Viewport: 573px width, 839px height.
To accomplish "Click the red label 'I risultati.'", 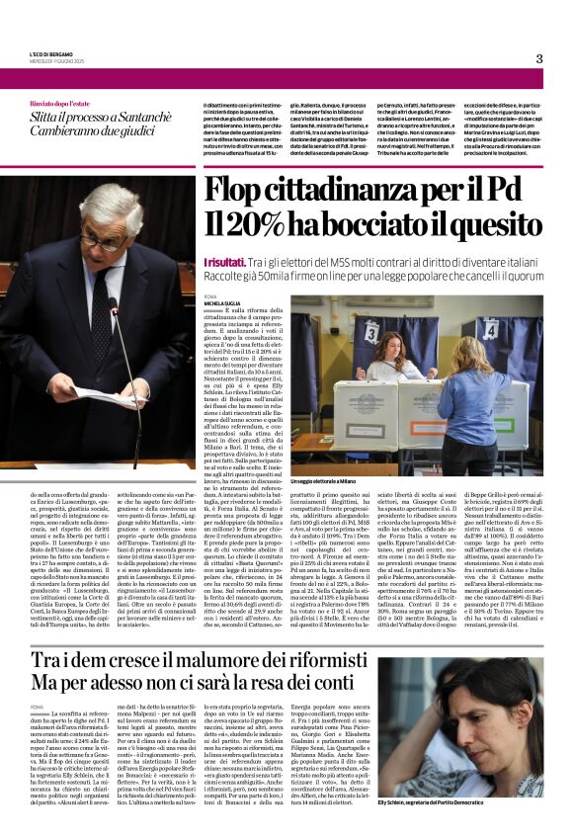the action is point(221,260).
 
